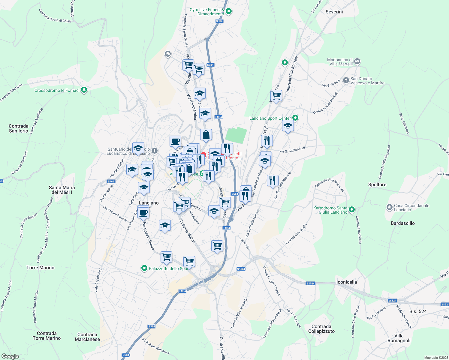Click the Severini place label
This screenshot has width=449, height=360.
(x=334, y=12)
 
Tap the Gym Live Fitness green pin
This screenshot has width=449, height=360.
(x=229, y=12)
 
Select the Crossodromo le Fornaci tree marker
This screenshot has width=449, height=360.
(x=84, y=90)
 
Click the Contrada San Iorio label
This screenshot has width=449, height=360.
(x=19, y=128)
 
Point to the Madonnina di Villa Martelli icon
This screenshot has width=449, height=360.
(x=357, y=61)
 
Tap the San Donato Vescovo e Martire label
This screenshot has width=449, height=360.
(x=367, y=81)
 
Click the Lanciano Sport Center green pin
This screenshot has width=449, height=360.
(x=295, y=118)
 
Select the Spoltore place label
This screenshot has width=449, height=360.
(x=377, y=184)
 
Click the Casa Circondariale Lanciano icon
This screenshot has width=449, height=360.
(x=389, y=207)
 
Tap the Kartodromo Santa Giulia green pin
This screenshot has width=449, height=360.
(x=352, y=209)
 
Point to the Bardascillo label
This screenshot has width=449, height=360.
(x=402, y=223)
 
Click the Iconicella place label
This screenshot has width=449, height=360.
(x=346, y=282)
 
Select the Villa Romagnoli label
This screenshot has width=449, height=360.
(x=399, y=338)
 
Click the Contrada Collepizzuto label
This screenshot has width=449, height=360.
(x=321, y=329)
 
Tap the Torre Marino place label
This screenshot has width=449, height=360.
(x=40, y=268)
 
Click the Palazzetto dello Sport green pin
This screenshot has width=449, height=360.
(x=144, y=268)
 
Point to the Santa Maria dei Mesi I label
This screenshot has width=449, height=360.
(x=62, y=190)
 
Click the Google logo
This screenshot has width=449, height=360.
(x=10, y=356)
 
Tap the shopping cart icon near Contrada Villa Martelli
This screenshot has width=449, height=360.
(x=276, y=96)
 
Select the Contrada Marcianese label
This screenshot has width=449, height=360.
(x=87, y=337)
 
